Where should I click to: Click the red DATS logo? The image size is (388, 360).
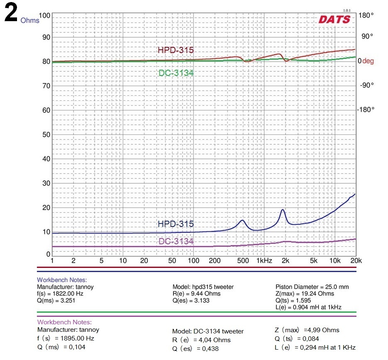click(334, 19)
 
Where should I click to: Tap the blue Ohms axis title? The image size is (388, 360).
click(30, 20)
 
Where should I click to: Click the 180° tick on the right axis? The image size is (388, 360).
click(366, 15)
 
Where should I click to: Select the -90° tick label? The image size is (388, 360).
click(366, 85)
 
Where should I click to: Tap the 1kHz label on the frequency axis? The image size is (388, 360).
click(264, 261)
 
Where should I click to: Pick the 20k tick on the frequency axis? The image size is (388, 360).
click(356, 261)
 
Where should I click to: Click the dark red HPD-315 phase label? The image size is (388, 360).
click(176, 50)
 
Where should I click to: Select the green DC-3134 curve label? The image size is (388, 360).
click(176, 73)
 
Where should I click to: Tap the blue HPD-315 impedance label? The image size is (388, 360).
click(176, 224)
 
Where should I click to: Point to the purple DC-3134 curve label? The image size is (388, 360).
click(176, 241)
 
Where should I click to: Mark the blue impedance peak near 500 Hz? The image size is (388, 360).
click(242, 220)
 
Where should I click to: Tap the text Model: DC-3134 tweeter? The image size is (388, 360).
click(208, 331)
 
